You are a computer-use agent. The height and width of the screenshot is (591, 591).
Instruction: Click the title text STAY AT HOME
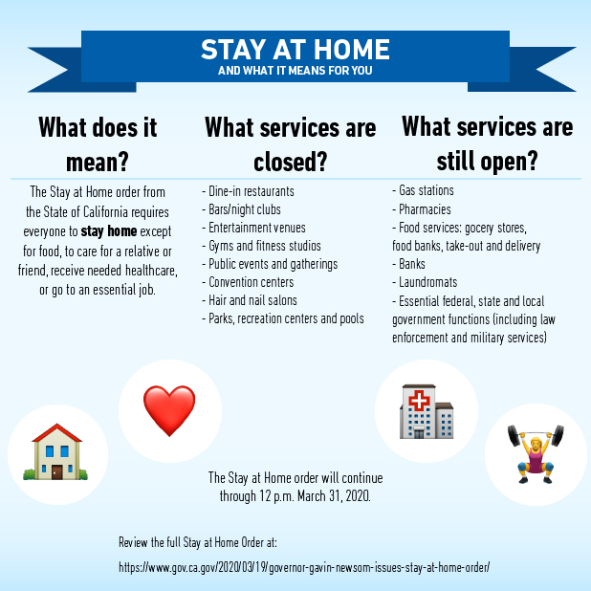click(x=295, y=49)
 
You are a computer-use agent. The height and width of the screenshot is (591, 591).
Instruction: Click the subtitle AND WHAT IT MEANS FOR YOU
click(x=295, y=71)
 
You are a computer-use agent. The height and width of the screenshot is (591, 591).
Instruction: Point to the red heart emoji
click(x=169, y=411)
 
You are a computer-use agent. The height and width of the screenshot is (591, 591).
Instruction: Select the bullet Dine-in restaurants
click(x=249, y=191)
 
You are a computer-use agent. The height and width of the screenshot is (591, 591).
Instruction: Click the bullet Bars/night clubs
click(x=243, y=209)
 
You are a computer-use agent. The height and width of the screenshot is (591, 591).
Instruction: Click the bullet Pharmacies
click(x=422, y=209)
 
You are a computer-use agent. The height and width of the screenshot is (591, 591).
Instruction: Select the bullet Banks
click(x=411, y=264)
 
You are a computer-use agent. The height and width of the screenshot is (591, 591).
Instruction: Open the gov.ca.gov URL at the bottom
click(x=304, y=567)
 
